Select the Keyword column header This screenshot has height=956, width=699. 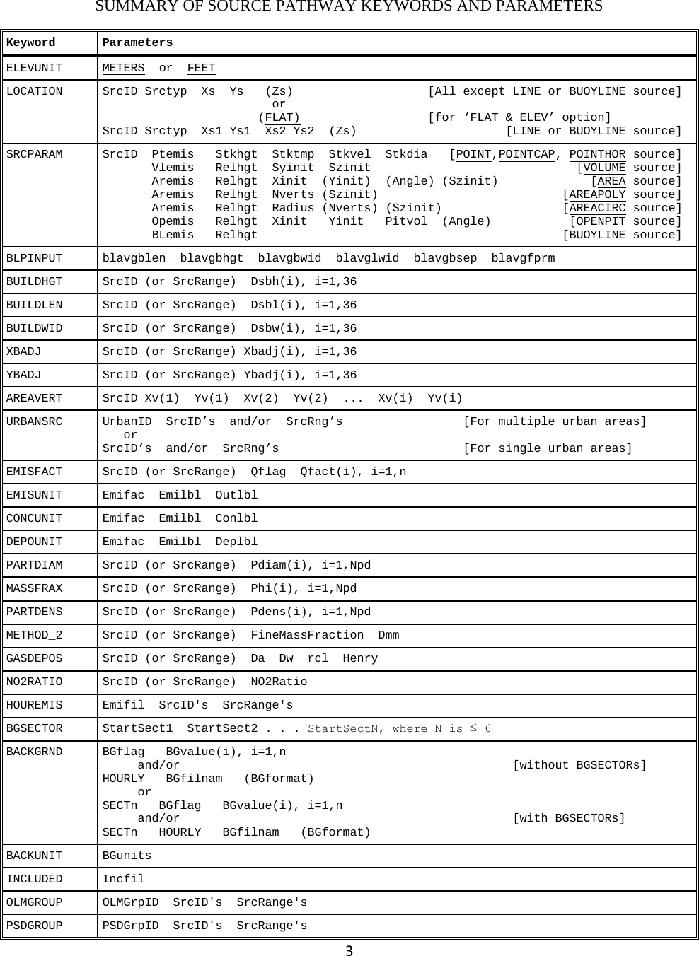30,43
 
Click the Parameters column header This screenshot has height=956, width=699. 137,43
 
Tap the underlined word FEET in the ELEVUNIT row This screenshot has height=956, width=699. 201,69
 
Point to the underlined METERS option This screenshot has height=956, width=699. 123,69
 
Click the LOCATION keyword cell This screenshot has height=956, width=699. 34,92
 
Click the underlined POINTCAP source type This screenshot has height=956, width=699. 526,155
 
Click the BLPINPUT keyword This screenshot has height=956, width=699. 34,258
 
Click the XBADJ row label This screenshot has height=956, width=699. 23,352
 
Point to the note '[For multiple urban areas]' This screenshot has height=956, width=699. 554,422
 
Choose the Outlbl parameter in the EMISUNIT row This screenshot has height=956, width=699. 236,496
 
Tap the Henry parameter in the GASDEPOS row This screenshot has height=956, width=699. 360,659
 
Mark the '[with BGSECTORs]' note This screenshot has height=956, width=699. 568,819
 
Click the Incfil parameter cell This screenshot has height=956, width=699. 123,880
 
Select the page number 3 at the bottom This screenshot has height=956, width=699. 349,950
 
